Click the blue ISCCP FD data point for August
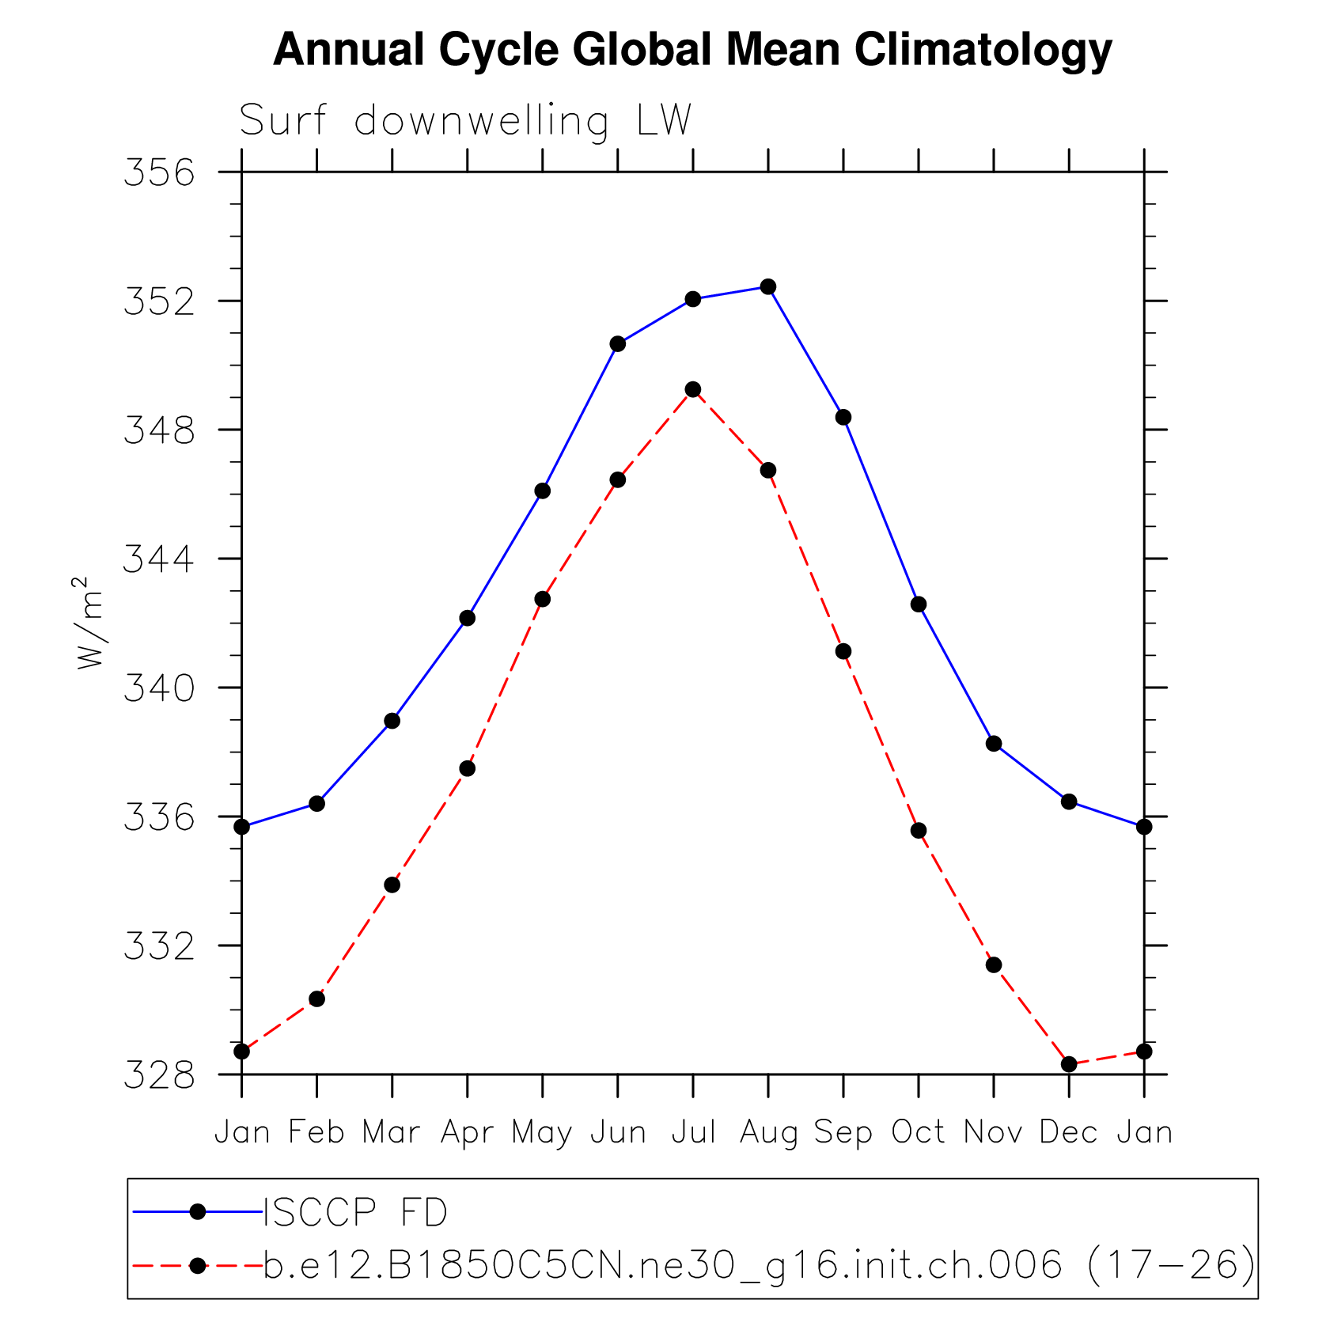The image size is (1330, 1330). pos(767,286)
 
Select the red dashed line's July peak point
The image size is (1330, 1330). pos(693,389)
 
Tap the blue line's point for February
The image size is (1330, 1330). pos(316,804)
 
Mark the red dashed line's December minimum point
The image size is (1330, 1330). pos(1069,1064)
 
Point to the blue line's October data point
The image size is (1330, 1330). pos(919,604)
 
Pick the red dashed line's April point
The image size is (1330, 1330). pos(468,768)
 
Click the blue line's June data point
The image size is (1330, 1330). pos(618,344)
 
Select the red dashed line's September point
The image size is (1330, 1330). pos(843,651)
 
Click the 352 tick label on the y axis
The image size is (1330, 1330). pos(159,302)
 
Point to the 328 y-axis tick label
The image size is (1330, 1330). pos(159,1076)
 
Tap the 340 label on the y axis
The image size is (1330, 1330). pos(159,689)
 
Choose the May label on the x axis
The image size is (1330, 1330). pos(542,1133)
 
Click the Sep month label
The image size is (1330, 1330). pos(843,1133)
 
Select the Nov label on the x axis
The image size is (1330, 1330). pos(994,1131)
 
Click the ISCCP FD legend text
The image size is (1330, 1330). pos(355,1213)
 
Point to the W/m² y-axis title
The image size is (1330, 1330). pos(89,623)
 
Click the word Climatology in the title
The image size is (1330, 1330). pos(983,49)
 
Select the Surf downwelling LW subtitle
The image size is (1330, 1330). pos(465,121)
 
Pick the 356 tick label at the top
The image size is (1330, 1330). pos(159,173)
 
